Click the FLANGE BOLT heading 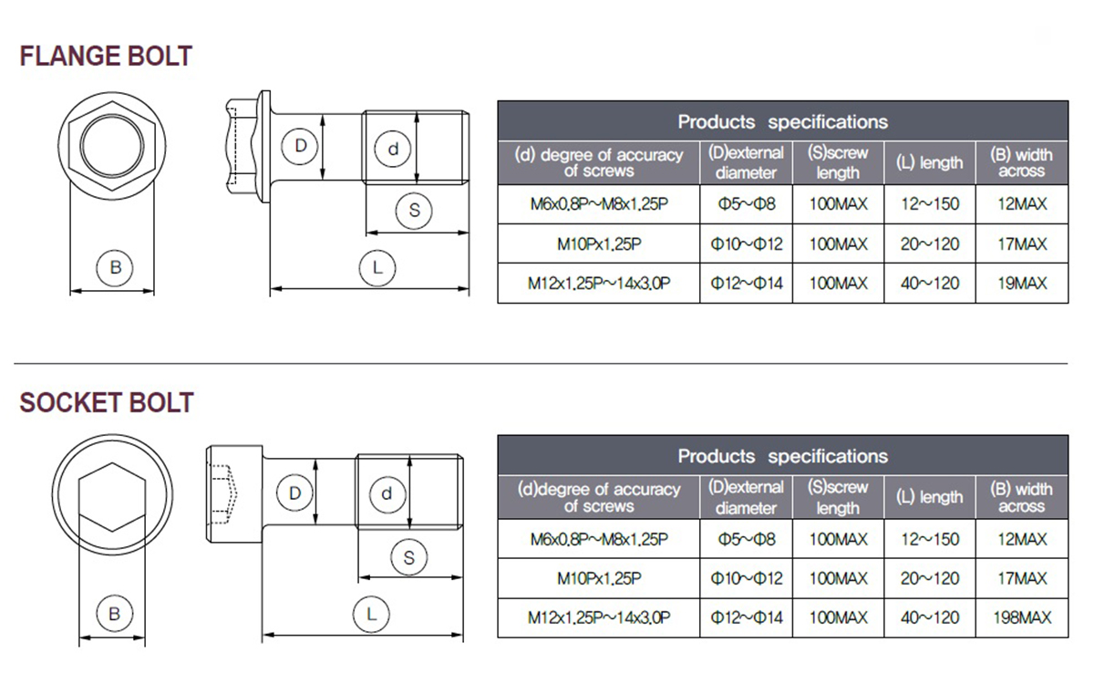point(106,57)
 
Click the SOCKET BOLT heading point(107,402)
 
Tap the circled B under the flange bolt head point(115,268)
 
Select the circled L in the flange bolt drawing point(377,268)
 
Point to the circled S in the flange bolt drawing point(414,211)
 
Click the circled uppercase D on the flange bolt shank point(300,146)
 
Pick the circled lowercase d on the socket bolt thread point(387,494)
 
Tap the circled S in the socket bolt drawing point(409,557)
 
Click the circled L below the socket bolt point(371,614)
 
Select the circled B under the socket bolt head point(114,614)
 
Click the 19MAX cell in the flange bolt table point(1022,284)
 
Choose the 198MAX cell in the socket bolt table point(1022,618)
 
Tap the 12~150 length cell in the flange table point(930,203)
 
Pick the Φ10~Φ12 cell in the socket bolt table point(747,578)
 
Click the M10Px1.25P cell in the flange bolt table point(599,244)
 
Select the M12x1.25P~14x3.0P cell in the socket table point(599,618)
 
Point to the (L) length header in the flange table point(929,162)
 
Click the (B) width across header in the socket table point(1021,497)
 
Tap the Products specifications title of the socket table point(782,456)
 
